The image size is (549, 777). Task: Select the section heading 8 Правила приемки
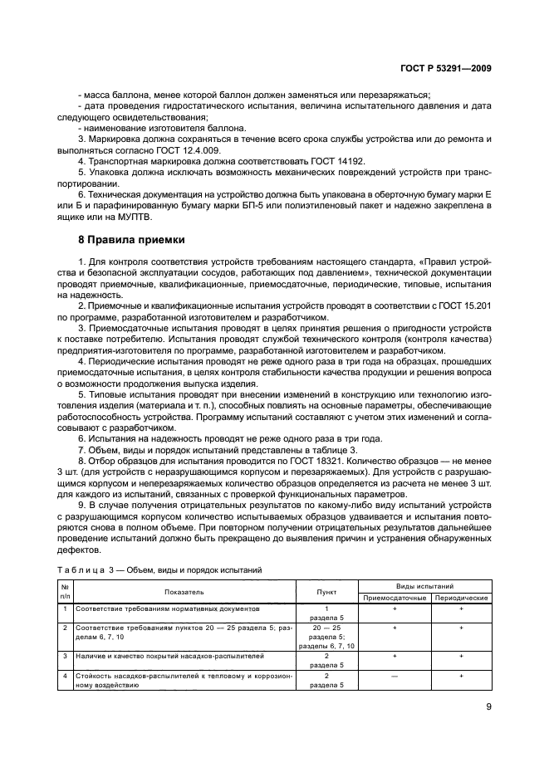(x=125, y=240)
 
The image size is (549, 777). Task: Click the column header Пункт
(x=326, y=592)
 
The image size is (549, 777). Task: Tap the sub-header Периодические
(x=461, y=598)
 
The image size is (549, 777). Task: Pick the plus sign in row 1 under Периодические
(x=461, y=608)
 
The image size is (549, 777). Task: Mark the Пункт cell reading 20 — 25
(x=326, y=628)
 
